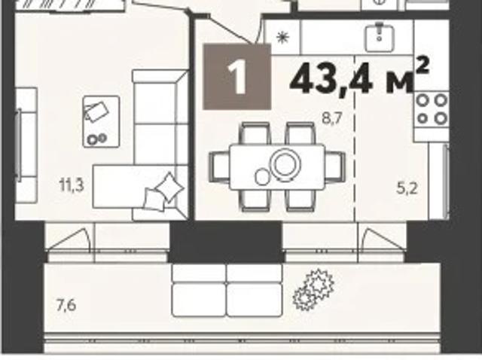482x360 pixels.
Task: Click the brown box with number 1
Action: pos(237,77)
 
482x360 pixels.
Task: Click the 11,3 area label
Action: pos(72,181)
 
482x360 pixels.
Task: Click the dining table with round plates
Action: pos(276,166)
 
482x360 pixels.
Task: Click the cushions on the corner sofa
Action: pos(163,191)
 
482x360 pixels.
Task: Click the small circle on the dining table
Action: pos(262,176)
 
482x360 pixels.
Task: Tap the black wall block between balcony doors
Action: pos(226,241)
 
